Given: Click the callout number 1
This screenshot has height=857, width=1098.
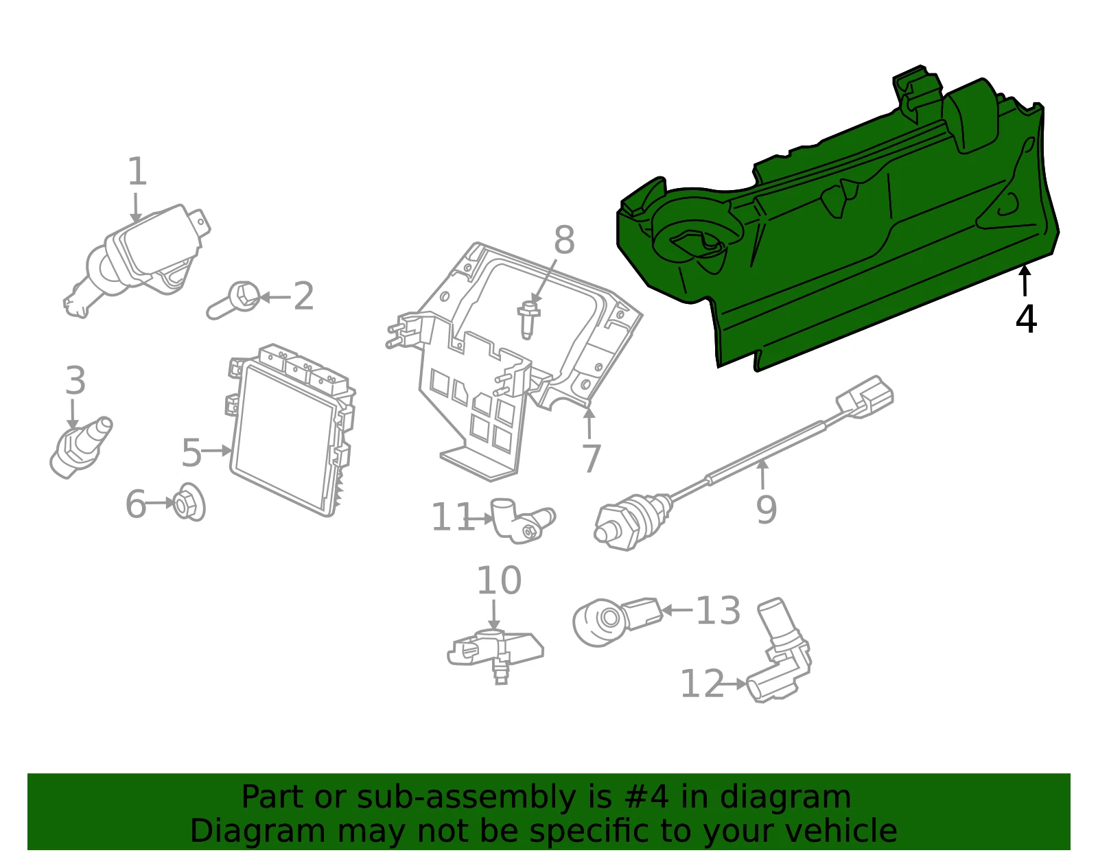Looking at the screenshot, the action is point(137,172).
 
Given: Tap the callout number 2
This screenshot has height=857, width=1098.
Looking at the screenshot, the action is point(303,296).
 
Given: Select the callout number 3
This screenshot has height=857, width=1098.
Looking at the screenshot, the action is point(75,380).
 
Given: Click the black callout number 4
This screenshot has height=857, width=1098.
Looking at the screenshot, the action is point(1026,319).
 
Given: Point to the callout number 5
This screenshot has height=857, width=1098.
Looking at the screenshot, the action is point(191,453).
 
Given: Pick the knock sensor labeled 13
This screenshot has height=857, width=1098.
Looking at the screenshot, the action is point(617,621).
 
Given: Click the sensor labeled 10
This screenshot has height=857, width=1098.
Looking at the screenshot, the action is point(495,655).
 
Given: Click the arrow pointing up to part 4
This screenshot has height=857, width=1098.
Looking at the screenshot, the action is point(1024,280).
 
